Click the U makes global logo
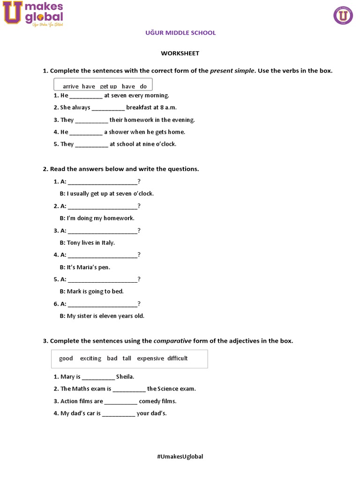33,14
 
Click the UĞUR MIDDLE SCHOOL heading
180,33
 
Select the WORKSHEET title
180,53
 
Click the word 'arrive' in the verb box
71,87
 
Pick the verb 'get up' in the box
108,87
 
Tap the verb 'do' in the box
143,87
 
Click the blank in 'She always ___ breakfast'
108,108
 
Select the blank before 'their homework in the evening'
92,120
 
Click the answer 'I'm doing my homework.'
101,218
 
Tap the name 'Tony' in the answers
74,243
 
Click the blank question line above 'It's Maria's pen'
103,255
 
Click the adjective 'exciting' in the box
90,359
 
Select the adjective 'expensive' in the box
150,359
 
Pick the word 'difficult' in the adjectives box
178,359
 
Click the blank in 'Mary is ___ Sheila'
98,377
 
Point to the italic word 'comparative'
172,341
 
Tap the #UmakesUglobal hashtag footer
180,457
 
